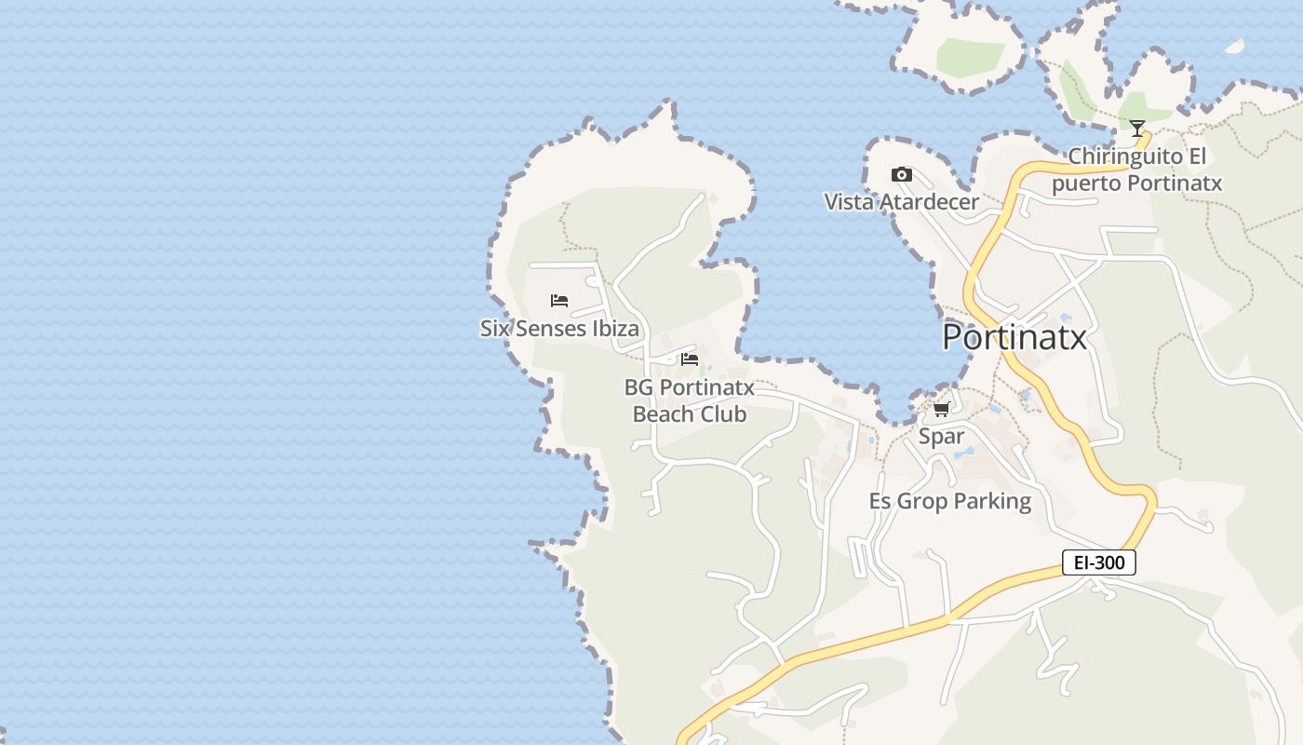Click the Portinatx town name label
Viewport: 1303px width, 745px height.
[1014, 337]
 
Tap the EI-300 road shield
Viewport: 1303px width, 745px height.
[1099, 562]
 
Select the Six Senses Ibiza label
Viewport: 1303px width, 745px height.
[559, 329]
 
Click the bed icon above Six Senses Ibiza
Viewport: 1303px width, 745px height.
[559, 301]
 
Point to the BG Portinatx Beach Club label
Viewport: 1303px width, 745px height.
[690, 400]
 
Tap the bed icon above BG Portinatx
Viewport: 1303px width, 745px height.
[690, 359]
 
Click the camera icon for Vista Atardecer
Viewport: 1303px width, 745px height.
[901, 174]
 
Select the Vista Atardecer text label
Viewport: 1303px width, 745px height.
[901, 202]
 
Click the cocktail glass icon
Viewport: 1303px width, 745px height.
[1136, 129]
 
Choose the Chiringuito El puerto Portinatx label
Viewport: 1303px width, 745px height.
[1136, 169]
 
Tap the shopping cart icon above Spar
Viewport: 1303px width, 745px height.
[941, 409]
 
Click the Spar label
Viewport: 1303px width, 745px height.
[941, 437]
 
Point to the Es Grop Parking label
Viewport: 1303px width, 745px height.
[949, 501]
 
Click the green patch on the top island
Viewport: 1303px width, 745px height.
[970, 57]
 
